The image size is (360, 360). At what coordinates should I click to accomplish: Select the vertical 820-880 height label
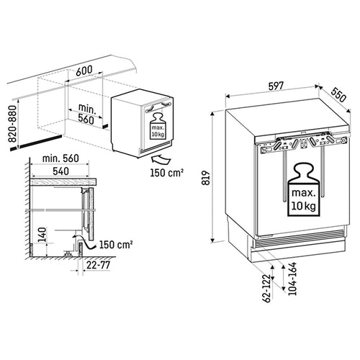(10, 124)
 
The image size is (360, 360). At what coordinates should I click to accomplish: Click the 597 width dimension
(276, 86)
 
